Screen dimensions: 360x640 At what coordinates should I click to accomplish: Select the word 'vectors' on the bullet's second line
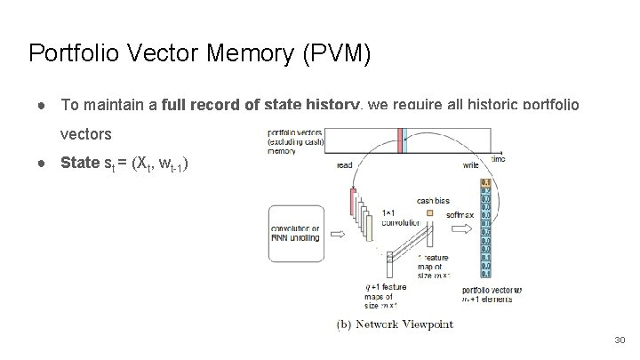point(85,135)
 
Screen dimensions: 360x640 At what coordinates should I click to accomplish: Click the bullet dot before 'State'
point(43,164)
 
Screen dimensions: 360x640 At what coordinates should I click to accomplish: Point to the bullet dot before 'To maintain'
point(43,105)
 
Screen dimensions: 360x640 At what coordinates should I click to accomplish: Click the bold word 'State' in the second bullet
point(80,164)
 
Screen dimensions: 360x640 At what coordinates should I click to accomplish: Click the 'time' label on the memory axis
point(498,158)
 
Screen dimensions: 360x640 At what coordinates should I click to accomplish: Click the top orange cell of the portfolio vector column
point(484,182)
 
